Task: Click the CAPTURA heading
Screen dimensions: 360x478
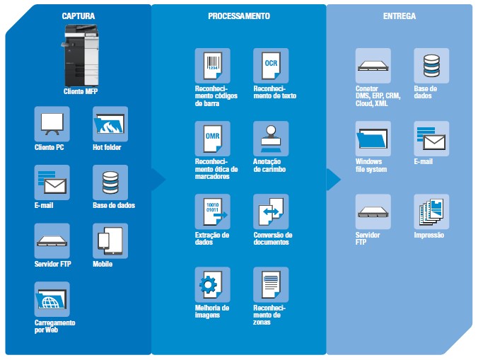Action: coord(78,15)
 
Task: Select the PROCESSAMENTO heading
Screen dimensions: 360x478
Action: coord(238,15)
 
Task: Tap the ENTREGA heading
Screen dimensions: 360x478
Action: coord(399,15)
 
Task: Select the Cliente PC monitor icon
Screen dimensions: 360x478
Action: coord(52,124)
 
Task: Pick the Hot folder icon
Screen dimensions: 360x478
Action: coord(110,124)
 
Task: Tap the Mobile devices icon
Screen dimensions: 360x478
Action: coord(110,241)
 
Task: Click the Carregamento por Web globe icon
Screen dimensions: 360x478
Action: coord(52,299)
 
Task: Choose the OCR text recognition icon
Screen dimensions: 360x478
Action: coord(271,66)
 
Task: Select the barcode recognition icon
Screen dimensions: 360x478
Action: coord(213,66)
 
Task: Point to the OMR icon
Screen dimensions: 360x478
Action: coord(213,139)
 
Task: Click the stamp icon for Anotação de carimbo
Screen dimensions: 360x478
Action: coord(271,139)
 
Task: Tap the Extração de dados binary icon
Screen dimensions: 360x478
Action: coord(213,211)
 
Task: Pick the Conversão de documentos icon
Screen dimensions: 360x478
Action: coord(271,211)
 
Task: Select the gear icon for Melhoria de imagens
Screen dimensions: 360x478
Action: coord(213,284)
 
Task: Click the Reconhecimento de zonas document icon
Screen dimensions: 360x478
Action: coord(271,284)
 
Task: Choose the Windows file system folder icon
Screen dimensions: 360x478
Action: coord(373,139)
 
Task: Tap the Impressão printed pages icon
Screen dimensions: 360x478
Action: coord(431,211)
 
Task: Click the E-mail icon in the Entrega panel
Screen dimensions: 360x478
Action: coord(431,139)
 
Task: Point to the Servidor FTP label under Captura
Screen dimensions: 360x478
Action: coord(52,264)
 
